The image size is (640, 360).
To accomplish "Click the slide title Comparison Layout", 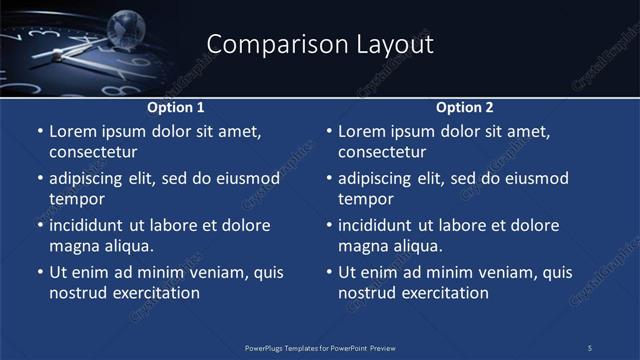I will pyautogui.click(x=320, y=45).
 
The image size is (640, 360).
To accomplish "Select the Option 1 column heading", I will pyautogui.click(x=176, y=107).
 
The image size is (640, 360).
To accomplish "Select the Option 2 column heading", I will pyautogui.click(x=465, y=107).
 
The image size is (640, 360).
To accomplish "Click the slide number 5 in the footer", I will pyautogui.click(x=590, y=347).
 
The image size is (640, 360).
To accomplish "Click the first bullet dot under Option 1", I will pyautogui.click(x=40, y=132).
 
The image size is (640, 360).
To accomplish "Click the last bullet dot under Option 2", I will pyautogui.click(x=329, y=273).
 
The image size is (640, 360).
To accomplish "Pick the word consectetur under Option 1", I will pyautogui.click(x=93, y=152).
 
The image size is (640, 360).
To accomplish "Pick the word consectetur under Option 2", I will pyautogui.click(x=382, y=152).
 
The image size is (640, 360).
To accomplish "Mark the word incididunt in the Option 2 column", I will pyautogui.click(x=376, y=226).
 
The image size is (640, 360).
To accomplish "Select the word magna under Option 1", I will pyautogui.click(x=73, y=246).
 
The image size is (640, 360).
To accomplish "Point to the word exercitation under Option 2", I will pyautogui.click(x=443, y=293).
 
